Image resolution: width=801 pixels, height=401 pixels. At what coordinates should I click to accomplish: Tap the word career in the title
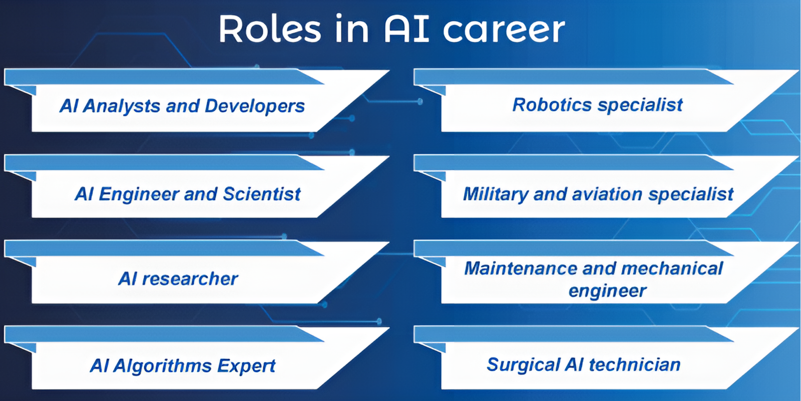[504, 30]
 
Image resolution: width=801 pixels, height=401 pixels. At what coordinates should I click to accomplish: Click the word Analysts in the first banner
[121, 106]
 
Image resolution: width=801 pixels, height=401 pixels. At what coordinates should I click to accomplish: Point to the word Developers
[255, 106]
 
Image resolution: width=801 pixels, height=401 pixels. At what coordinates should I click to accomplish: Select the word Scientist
[261, 194]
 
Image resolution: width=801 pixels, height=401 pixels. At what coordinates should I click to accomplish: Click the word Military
[495, 194]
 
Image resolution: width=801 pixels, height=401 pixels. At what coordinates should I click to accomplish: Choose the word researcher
[190, 279]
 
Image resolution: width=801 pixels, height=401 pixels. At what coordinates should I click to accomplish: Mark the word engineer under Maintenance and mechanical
[607, 291]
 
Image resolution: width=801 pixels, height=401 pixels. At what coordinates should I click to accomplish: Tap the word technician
[634, 365]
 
